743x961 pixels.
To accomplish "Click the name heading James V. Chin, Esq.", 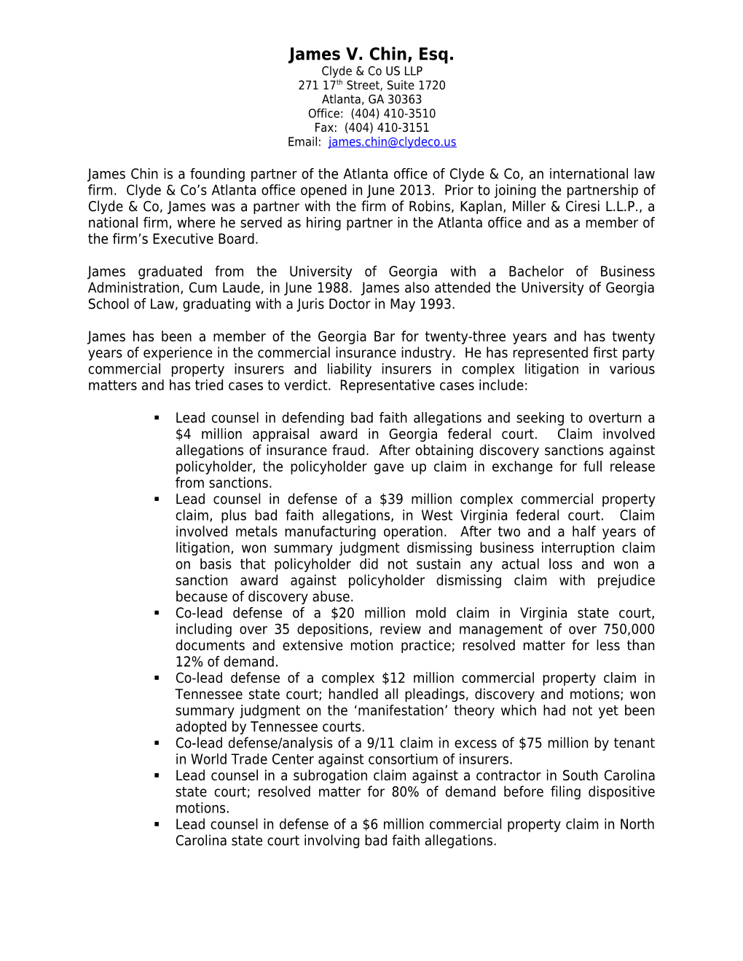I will [x=371, y=55].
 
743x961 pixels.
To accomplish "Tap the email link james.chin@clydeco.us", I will [x=392, y=142].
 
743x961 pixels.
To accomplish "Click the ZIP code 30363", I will [x=405, y=100].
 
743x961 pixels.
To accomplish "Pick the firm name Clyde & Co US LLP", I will [x=371, y=71].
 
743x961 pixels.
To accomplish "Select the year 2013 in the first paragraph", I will [x=412, y=191].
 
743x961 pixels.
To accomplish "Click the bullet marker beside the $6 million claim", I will [x=157, y=825].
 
